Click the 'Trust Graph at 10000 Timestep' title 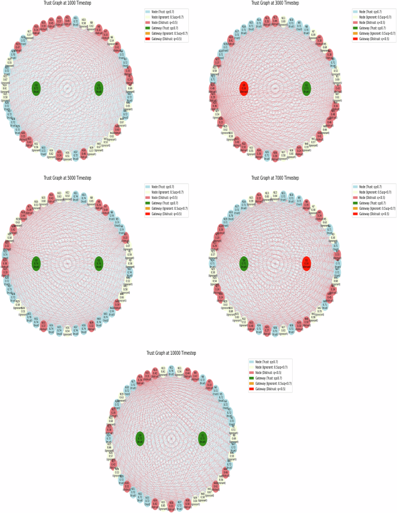tap(171, 353)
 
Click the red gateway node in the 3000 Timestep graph tap(243, 88)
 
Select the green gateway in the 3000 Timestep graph tap(306, 88)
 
